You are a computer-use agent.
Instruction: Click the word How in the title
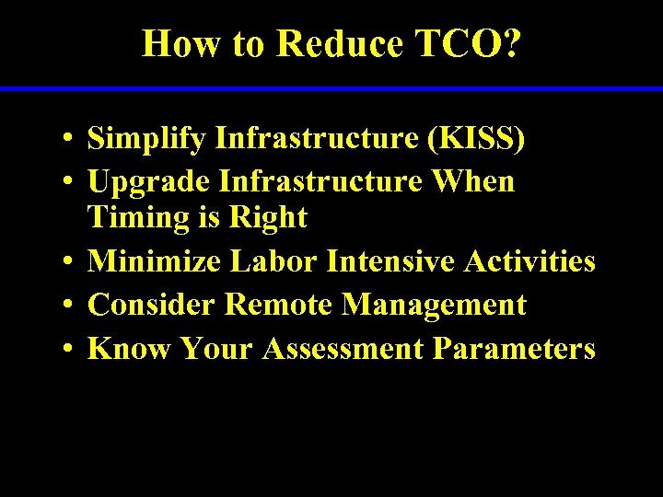click(180, 43)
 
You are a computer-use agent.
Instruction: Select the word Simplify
click(146, 139)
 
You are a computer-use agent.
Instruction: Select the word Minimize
click(154, 261)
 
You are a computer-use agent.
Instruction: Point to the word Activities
click(529, 261)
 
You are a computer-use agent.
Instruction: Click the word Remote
click(279, 305)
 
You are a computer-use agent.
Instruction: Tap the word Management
click(434, 305)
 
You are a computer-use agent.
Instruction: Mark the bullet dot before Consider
click(68, 306)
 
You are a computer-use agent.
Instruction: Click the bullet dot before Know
click(68, 350)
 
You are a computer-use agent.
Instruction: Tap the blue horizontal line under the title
click(331, 88)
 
